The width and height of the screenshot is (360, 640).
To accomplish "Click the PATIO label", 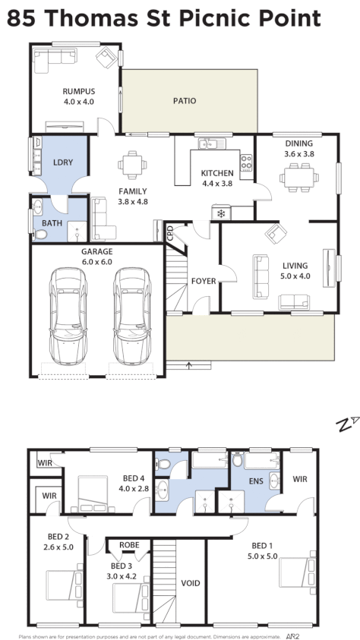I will tap(184, 100).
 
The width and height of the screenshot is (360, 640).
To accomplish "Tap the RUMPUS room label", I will tap(78, 91).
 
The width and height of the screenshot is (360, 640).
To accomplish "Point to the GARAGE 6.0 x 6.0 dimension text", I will tap(97, 261).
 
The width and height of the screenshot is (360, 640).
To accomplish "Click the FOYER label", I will tap(204, 281).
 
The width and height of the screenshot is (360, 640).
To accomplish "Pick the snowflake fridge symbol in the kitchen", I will tap(221, 213).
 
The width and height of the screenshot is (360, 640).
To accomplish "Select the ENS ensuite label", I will tap(255, 480).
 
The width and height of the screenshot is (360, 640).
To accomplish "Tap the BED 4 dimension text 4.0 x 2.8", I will tap(131, 488).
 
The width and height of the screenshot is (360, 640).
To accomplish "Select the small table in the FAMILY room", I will tap(133, 162).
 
